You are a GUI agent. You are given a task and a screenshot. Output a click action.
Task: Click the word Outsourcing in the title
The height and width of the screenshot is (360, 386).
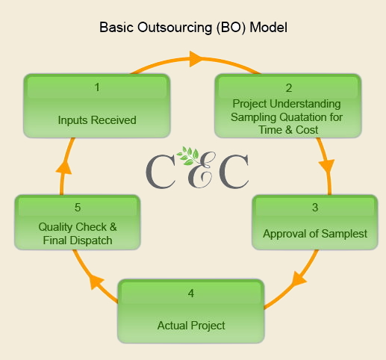175,28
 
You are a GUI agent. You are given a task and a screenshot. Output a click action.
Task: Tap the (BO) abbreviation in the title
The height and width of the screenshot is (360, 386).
231,28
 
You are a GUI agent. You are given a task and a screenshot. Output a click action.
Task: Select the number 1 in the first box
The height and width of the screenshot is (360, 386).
97,87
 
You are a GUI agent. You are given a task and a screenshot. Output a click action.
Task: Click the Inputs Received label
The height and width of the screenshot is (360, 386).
97,120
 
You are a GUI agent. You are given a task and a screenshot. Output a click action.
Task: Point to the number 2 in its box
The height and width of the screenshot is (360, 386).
289,88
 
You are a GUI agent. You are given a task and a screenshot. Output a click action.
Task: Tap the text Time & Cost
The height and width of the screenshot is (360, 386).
288,130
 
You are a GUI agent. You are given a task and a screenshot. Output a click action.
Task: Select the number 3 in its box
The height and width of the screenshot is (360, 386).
315,208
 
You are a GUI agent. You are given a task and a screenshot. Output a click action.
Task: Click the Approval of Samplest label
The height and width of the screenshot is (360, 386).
315,234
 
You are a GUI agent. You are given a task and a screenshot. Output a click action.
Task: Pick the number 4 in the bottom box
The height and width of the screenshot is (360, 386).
191,294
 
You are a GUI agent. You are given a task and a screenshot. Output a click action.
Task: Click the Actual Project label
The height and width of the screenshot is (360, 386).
191,326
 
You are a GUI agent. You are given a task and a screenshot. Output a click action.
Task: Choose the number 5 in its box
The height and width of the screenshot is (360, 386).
78,208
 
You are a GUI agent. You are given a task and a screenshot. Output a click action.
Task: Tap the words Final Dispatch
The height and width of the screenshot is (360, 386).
78,240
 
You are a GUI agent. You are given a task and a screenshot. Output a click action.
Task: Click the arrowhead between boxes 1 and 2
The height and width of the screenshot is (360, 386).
196,59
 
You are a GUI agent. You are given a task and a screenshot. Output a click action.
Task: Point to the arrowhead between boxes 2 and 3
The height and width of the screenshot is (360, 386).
327,166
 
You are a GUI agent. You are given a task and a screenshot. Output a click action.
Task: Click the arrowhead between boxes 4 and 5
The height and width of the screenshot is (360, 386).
96,282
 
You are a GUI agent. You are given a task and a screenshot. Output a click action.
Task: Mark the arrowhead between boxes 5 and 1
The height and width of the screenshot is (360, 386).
63,168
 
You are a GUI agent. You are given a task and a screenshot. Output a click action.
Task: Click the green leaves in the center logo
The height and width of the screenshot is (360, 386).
188,155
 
